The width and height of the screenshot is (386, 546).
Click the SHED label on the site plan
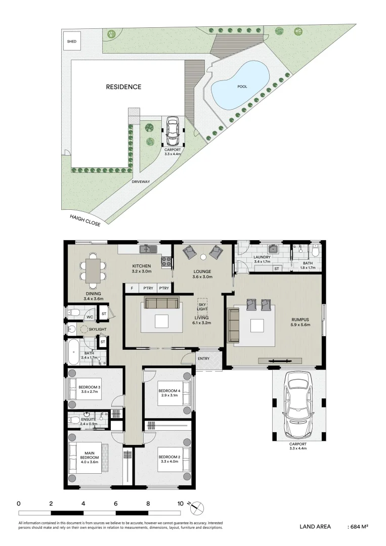tap(71, 41)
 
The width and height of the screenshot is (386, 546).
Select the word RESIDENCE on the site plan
tap(123, 87)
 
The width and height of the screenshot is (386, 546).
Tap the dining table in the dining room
tap(93, 270)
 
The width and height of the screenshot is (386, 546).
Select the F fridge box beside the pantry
tap(132, 288)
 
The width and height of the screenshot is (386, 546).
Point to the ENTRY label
tap(204, 358)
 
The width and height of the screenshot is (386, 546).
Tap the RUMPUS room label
tap(301, 319)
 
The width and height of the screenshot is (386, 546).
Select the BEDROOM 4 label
tap(169, 391)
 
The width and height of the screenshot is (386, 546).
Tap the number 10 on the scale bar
tap(181, 504)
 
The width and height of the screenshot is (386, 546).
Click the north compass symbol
tap(198, 507)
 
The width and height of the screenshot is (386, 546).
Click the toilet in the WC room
tap(74, 314)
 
